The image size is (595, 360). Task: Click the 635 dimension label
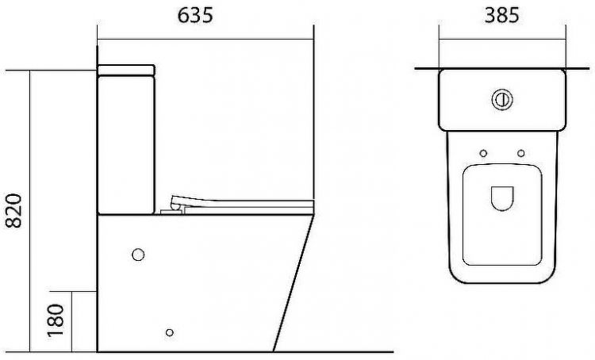pos(195,16)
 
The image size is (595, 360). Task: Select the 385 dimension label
pos(501,16)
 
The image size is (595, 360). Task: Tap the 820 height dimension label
pos(14,211)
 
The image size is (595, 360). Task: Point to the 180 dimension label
pos(56,320)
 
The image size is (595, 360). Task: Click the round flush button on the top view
pos(502,99)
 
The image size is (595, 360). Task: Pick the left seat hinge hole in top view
pos(483,153)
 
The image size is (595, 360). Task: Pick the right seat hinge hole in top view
pos(521,153)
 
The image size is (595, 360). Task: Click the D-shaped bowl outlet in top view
pos(502,198)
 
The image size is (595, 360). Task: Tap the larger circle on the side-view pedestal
pos(138,255)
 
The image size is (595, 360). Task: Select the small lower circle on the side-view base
pos(170,333)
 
